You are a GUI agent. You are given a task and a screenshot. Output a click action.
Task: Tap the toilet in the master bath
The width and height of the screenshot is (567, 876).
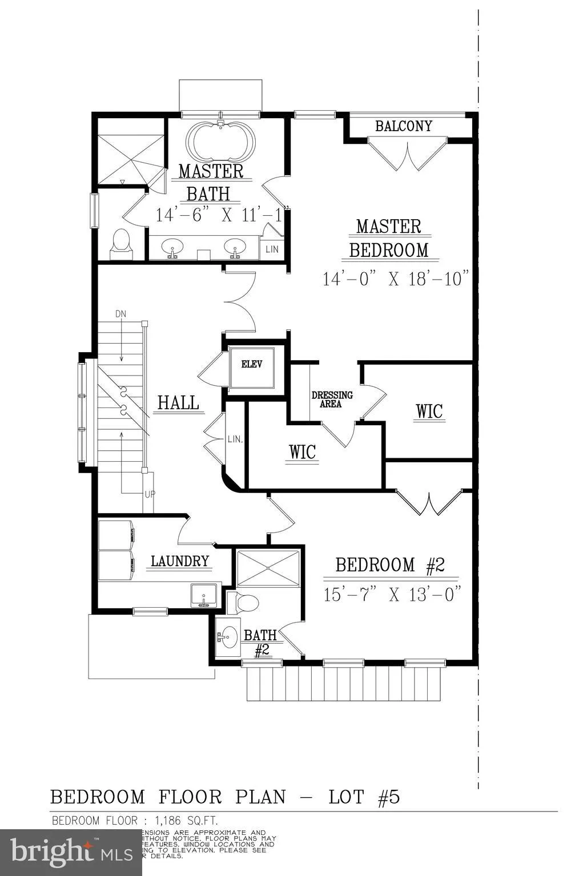121,242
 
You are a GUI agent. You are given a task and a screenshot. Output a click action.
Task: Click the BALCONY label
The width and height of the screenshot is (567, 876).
404,126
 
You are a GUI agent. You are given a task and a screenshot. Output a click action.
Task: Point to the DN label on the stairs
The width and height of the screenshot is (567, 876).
120,314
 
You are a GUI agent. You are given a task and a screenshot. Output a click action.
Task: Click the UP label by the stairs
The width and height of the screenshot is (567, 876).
149,494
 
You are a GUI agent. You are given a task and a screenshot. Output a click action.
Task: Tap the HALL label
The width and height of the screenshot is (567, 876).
178,403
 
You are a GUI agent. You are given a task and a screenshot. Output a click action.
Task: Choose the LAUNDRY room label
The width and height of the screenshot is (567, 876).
180,561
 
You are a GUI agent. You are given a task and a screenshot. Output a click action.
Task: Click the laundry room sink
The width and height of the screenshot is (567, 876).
203,595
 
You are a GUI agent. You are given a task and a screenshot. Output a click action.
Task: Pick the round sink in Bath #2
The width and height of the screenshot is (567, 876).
229,636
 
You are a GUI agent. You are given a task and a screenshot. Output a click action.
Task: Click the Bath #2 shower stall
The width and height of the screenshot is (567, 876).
268,568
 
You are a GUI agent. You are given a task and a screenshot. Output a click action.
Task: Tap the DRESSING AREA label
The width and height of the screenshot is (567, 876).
332,399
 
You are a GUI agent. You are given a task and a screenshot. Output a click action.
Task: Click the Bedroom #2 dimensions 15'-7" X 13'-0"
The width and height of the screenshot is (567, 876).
392,594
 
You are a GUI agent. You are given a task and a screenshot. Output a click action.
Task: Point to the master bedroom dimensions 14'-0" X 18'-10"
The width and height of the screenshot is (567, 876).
396,279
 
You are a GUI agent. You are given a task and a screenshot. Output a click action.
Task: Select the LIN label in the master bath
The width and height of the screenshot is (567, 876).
272,249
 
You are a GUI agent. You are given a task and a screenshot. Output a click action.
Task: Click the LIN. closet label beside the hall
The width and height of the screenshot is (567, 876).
235,439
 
